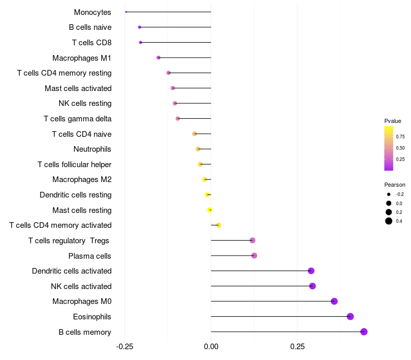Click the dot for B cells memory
(364, 332)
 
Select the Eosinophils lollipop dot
(350, 316)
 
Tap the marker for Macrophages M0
(334, 301)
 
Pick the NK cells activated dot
(312, 286)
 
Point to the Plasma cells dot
(254, 256)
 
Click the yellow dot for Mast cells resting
(210, 210)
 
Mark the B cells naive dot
(139, 27)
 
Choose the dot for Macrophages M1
(158, 58)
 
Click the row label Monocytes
(92, 12)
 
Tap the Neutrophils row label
(92, 149)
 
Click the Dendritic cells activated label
(71, 271)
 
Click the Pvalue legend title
(393, 121)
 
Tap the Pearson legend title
(395, 185)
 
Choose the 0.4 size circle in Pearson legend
(389, 221)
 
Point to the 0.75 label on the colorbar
(400, 137)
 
